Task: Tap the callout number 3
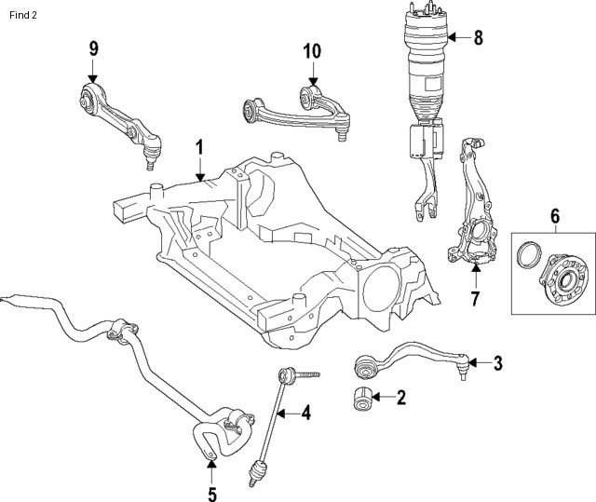click(497, 362)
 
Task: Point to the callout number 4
click(305, 413)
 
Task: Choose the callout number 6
click(555, 216)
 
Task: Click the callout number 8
click(479, 38)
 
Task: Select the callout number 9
click(93, 48)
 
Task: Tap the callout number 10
click(311, 50)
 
